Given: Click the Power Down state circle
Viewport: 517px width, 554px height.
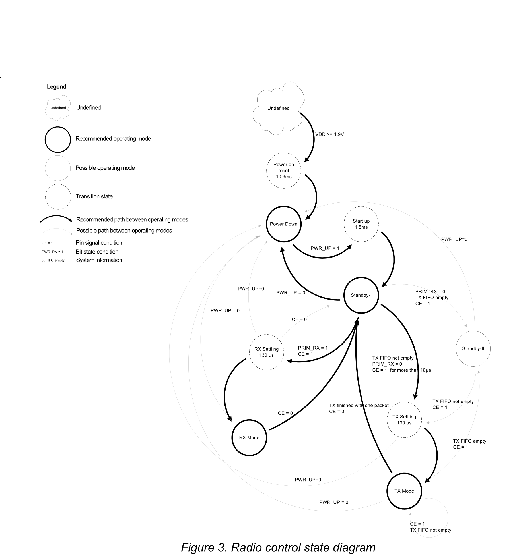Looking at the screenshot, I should [283, 224].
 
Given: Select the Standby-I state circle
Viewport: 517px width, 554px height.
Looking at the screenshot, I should [361, 295].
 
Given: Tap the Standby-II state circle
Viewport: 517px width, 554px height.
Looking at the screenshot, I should [473, 348].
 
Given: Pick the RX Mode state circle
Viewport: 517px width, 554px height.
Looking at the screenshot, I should [249, 437].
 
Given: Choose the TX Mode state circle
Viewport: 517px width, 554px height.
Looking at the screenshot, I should [404, 491].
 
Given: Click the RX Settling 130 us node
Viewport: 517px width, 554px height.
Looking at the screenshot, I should [266, 352].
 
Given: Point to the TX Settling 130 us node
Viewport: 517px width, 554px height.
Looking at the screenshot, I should [404, 420].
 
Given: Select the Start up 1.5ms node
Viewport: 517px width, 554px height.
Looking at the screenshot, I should [361, 224].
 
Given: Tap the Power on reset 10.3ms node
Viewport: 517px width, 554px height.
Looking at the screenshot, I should [284, 171].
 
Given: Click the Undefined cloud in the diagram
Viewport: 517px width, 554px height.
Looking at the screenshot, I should [278, 108].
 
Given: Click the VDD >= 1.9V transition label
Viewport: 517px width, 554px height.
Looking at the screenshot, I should [329, 134].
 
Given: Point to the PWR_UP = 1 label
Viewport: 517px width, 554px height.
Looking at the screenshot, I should [325, 248].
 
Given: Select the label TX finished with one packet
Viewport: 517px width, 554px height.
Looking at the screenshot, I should [359, 405].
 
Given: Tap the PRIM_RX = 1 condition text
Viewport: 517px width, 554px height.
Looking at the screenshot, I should [313, 348].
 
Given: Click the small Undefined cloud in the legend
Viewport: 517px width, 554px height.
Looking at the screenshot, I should [58, 108].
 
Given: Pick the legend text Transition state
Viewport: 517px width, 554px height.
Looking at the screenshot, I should [94, 196].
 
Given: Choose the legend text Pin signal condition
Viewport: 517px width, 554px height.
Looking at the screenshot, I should [99, 243].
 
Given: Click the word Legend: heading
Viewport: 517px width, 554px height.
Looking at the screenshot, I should [57, 87].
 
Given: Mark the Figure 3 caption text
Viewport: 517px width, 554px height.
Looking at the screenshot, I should [278, 547].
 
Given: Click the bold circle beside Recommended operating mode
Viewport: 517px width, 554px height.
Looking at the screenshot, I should [58, 140].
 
